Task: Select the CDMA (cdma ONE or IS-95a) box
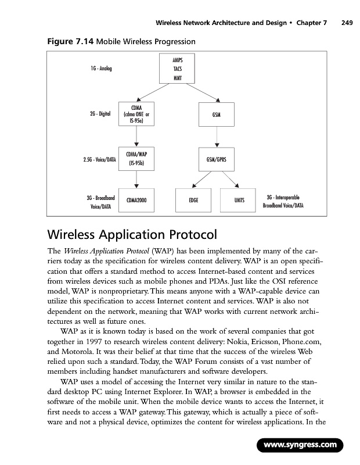(136, 115)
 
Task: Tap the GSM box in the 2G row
(216, 115)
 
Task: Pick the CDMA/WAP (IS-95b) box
(136, 158)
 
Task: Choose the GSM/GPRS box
(216, 158)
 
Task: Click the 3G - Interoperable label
(283, 197)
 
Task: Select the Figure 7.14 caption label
(64, 42)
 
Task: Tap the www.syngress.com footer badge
(301, 446)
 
